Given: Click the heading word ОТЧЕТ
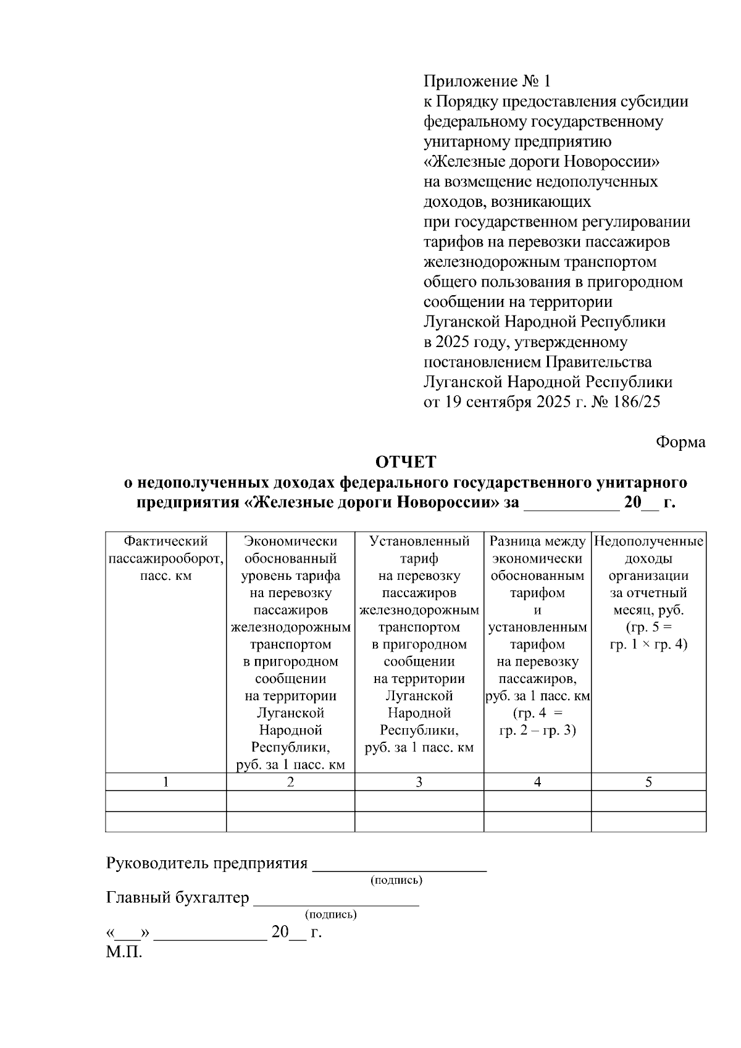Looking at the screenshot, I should pos(406,462).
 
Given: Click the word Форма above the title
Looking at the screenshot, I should pos(680,442).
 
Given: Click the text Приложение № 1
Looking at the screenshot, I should pos(486,82).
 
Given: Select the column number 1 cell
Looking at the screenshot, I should pos(165,782).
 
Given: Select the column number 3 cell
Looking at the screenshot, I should pos(419,782).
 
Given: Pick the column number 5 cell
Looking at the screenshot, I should pos(648,782).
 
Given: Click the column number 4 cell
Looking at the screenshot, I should pos(537,782).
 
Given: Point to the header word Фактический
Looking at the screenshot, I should pos(165,542).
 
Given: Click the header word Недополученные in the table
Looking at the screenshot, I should pos(648,542).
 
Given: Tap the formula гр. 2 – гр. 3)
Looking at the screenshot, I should pos(537,731).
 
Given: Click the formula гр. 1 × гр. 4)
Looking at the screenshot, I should pos(648,645).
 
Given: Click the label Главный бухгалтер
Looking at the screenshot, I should pos(178,897).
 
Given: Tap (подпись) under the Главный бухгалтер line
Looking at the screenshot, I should pos(331,914).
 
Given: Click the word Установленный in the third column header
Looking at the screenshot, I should pos(419,542).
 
